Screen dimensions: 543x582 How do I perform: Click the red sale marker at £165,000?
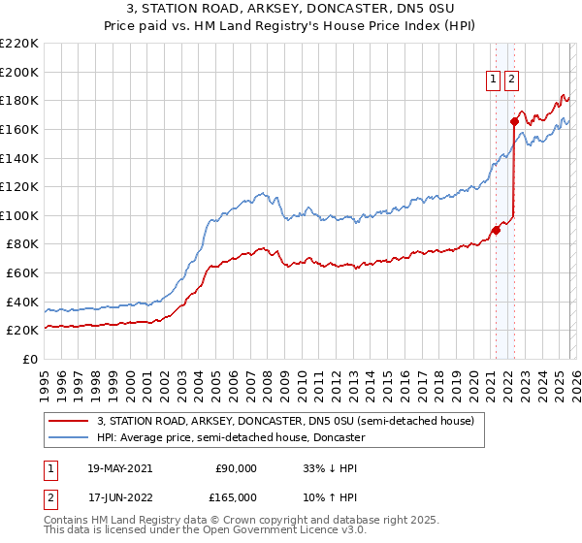(514, 121)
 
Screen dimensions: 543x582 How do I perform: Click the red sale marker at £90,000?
(496, 230)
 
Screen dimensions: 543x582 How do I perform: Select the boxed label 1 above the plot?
(494, 80)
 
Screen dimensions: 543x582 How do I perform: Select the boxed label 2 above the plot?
(511, 80)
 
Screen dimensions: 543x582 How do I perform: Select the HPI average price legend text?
(231, 438)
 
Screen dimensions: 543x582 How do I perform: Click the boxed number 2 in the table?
(49, 497)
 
